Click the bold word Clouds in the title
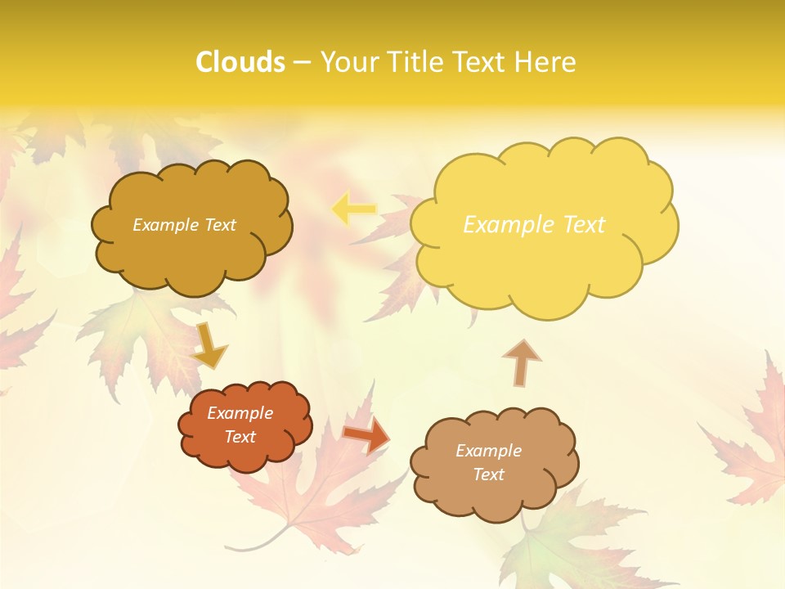coord(240,62)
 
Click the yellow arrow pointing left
coord(353,209)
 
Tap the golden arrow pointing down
coord(209,345)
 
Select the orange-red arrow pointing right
coord(366,434)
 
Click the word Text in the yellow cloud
coord(582,225)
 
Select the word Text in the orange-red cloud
coord(240,437)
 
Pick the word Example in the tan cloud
coord(488,451)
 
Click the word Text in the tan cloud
coord(488,474)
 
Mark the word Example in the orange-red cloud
coord(240,413)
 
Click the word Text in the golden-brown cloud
coord(219,225)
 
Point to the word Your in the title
coord(346,62)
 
